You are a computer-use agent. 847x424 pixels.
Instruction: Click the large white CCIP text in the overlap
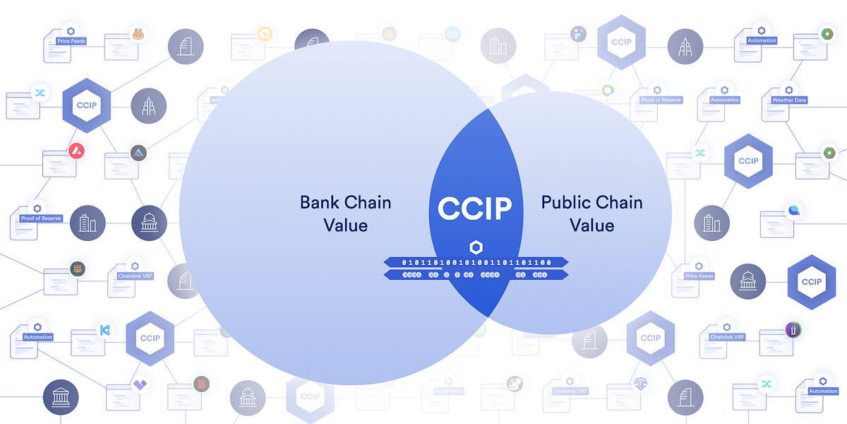coord(475,208)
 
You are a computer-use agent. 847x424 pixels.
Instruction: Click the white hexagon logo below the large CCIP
coord(476,247)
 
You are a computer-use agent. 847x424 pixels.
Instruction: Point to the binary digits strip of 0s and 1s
coord(476,262)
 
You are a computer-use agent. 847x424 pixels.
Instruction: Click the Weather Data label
coord(788,100)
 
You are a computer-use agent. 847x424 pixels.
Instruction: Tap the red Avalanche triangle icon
coord(76,151)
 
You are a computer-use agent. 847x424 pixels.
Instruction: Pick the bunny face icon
coord(138,34)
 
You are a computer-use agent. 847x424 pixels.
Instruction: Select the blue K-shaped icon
coord(105,329)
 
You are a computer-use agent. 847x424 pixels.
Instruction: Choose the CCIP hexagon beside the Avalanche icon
coord(86,105)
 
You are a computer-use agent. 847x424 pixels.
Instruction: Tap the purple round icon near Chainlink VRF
coord(793,329)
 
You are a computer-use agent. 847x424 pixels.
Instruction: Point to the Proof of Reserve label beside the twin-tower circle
coord(41,218)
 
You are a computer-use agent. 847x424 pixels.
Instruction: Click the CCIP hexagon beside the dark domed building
coord(811,281)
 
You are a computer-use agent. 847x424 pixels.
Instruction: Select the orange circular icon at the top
coord(265,33)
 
